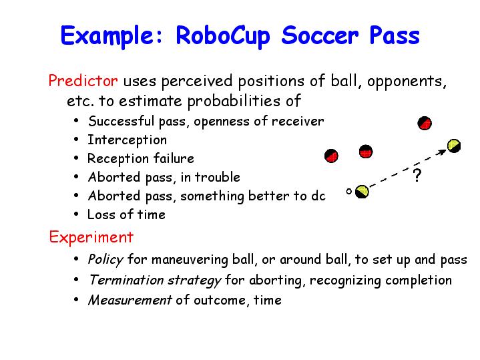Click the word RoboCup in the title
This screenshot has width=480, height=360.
pos(223,36)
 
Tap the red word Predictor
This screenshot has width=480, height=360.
pos(83,81)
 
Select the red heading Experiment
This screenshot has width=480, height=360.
pos(91,238)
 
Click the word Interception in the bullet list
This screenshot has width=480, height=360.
pos(127,140)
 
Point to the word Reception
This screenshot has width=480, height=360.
pos(118,158)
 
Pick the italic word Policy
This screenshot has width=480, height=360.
pos(105,260)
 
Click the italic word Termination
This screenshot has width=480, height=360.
pos(126,280)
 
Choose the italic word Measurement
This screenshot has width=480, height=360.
pos(130,301)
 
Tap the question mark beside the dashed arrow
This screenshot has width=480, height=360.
pos(417,176)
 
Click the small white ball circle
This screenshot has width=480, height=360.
pos(348,192)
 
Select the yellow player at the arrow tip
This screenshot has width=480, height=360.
pos(454,146)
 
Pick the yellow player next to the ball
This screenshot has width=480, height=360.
pos(362,192)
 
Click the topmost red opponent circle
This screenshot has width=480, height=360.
pos(425,123)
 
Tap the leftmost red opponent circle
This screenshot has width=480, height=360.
pos(331,156)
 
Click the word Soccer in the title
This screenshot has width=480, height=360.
pos(320,36)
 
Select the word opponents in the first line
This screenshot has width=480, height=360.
pos(407,81)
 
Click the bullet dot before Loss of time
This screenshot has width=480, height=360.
pos(76,214)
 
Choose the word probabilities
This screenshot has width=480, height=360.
pos(234,101)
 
